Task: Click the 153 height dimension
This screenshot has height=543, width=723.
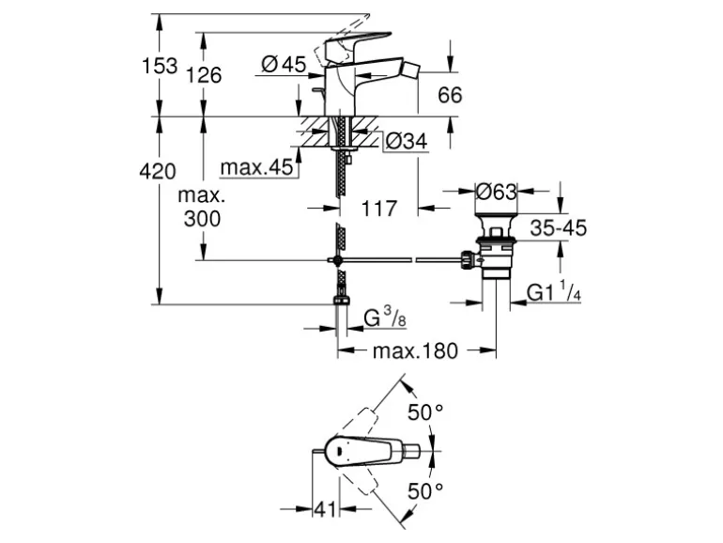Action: tap(160, 66)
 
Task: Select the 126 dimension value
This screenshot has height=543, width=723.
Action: tap(204, 75)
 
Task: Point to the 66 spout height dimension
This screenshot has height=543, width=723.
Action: tap(451, 95)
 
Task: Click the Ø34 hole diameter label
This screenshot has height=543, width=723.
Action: tap(407, 141)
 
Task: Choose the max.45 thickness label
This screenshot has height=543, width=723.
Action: tap(256, 168)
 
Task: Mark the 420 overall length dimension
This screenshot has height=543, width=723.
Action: tap(158, 172)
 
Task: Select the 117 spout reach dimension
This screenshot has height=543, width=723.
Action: tap(379, 209)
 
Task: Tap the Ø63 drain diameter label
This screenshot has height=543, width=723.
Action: tap(497, 193)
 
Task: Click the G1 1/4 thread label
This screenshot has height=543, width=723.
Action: tap(554, 293)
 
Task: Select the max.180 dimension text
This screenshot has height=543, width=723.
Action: tap(415, 351)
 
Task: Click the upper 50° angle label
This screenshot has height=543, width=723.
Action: tap(424, 411)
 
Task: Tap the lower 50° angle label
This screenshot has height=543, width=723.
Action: tap(424, 490)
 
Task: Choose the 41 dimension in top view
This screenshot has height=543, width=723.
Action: tap(325, 510)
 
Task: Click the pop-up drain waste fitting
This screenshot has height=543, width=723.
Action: tap(495, 249)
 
